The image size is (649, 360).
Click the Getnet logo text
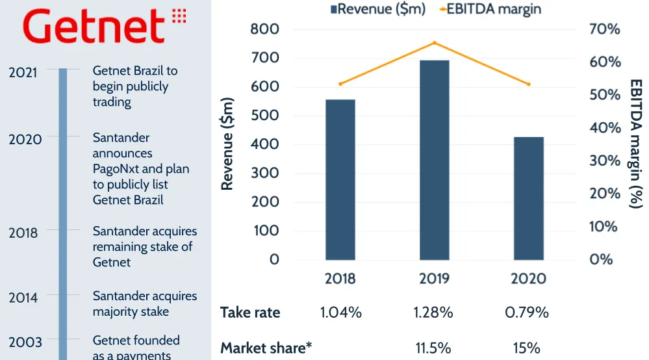pos(95,27)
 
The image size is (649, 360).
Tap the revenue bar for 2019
pos(434,159)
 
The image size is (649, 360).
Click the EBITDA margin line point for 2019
pos(434,43)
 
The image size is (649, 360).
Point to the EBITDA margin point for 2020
pos(528,84)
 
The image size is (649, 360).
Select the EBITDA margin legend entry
pos(489,8)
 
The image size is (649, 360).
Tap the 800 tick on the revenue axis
pos(264,29)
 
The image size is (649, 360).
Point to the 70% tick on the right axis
pos(605,29)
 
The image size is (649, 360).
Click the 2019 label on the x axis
pos(434,279)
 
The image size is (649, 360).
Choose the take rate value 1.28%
pos(434,313)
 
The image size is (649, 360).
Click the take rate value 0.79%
pos(527,313)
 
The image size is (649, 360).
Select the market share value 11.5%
pos(434,348)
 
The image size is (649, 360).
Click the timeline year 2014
pos(23,298)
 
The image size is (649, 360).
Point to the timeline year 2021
pos(23,72)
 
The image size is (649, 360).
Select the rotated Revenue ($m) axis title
pos(227,144)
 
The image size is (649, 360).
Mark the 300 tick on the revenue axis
pos(264,173)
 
